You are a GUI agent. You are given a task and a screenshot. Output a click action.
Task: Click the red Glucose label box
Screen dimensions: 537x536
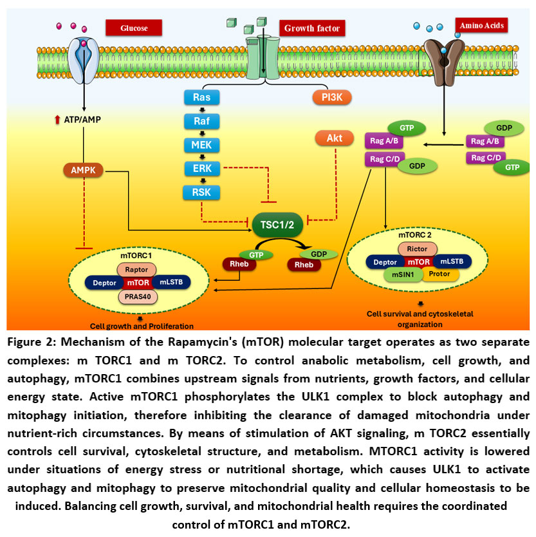(133, 28)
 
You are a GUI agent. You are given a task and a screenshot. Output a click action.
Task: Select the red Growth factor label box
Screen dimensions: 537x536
(312, 28)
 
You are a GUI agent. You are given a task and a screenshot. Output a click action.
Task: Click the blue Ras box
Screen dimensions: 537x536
(201, 98)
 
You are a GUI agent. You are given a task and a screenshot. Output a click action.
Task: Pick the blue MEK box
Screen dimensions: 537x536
(201, 145)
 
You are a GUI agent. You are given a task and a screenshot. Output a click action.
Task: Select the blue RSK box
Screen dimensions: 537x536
(201, 191)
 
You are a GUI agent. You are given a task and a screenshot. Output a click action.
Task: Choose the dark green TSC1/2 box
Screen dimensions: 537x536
(277, 224)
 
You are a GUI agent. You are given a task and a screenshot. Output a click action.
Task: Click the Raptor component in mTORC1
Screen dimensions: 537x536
(140, 270)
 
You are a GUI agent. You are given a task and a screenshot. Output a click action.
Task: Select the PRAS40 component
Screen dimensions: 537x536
(140, 297)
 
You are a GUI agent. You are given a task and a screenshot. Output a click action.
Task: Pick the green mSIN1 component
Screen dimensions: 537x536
(403, 275)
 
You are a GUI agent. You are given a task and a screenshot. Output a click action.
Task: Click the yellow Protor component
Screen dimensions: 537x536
(439, 275)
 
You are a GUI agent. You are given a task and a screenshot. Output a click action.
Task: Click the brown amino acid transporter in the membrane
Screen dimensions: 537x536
(443, 57)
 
